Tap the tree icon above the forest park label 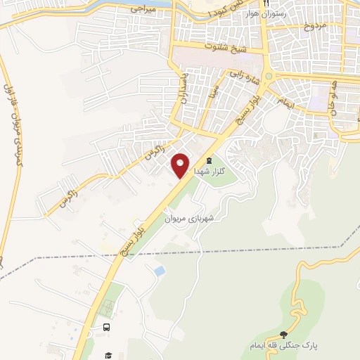tap(283, 335)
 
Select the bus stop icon tap(106, 327)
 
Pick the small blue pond tap(160, 271)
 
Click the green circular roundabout tap(268, 76)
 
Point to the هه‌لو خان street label tap(331, 98)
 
